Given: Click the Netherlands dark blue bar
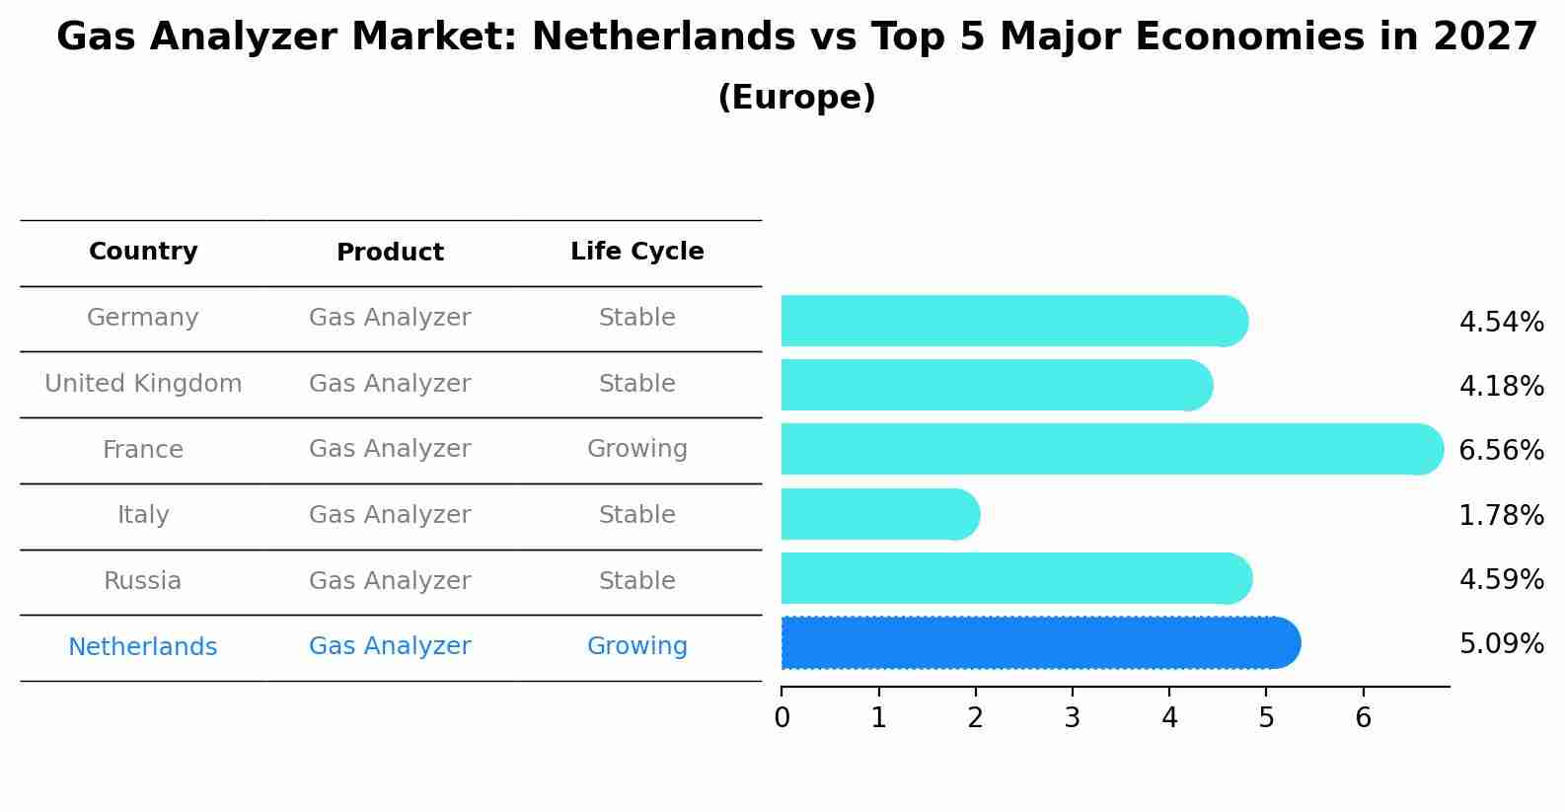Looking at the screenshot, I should coord(1036,643).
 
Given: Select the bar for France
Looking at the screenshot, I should coord(1105,450).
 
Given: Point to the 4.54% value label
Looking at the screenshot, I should coord(1501,323).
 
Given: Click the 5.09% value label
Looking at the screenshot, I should coord(1501,644).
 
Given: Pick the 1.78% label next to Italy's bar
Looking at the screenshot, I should coord(1501,515).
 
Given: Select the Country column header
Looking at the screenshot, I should coord(143,252).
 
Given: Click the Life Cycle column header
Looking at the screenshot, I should coord(636,252).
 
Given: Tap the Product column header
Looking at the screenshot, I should coord(390,253).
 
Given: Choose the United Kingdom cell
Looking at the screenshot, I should coord(143,384).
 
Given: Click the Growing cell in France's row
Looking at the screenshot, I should coord(636,449).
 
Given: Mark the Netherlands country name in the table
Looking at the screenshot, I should coord(143,647).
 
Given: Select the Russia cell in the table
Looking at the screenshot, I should coord(143,581).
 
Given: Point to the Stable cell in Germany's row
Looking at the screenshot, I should coord(636,318).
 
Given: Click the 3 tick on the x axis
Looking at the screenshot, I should coord(1073,718).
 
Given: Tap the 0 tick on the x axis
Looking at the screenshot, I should coord(782,718).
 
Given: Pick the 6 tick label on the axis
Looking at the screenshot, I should coord(1363,718).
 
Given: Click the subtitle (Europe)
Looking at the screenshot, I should coord(796,98).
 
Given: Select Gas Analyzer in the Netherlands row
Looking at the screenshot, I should coord(390,646).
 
